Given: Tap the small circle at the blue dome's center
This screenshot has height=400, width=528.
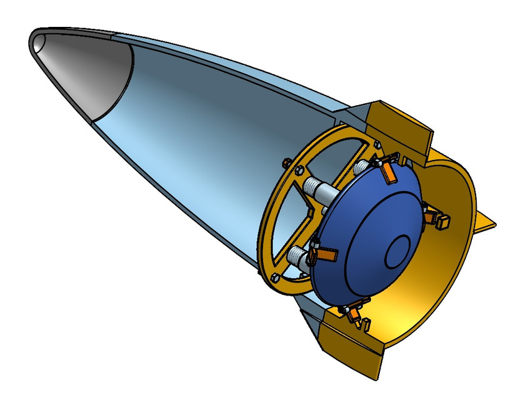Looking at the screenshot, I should (x=398, y=253).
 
